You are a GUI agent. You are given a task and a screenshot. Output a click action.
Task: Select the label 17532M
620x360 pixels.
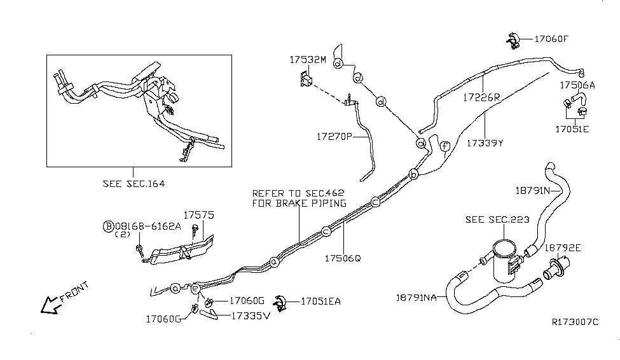pos(307,60)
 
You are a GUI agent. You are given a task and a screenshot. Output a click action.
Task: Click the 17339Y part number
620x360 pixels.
pos(484,143)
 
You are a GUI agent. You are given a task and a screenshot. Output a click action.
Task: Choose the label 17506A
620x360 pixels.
pos(577,85)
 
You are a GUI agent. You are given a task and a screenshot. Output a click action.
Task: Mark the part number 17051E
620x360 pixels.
pos(572,128)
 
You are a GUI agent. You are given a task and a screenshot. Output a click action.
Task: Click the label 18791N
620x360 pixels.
pos(532,190)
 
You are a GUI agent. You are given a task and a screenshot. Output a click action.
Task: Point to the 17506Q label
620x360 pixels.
pos(343,259)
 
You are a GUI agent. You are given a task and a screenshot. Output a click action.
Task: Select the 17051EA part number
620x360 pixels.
pos(320,301)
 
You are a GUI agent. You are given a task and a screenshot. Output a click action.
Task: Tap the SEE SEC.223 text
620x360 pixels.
pos(493,219)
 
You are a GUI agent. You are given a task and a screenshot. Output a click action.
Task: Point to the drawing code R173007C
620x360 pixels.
pos(575,322)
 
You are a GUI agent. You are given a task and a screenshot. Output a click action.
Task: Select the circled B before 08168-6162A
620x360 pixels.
pos(109,226)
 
